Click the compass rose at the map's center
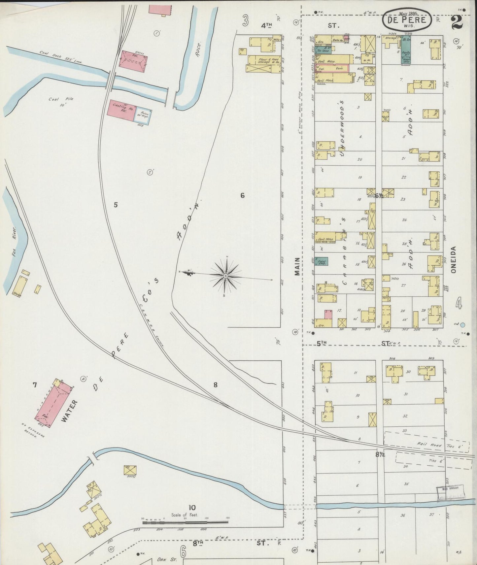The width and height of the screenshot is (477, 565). point(225,276)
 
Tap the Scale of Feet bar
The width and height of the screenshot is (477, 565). point(185,522)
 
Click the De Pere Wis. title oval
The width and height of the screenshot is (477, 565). point(407,20)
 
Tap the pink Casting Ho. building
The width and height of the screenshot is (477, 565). point(120,109)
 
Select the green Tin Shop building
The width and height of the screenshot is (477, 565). point(323,51)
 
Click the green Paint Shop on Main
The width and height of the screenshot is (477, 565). point(321,261)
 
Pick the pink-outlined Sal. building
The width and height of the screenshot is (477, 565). point(332,68)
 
